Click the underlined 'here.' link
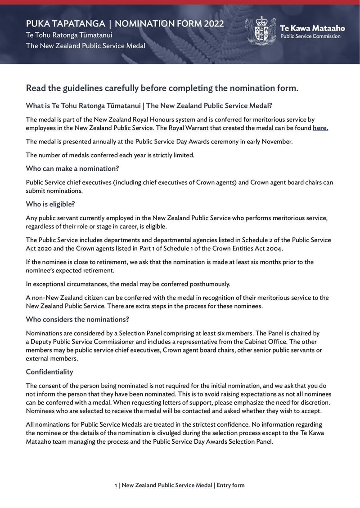coord(320,128)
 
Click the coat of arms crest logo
coord(261,31)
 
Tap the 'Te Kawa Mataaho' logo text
coord(312,28)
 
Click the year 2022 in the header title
coord(213,24)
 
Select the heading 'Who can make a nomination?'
coord(75,169)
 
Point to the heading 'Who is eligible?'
coord(50,204)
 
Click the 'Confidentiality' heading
coord(49,372)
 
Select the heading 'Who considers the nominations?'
coord(77,320)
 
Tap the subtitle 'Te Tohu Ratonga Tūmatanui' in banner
coord(69,35)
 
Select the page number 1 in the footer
coord(116,485)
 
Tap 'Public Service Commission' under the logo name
coord(310,36)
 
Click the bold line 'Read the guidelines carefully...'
coord(162,88)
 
